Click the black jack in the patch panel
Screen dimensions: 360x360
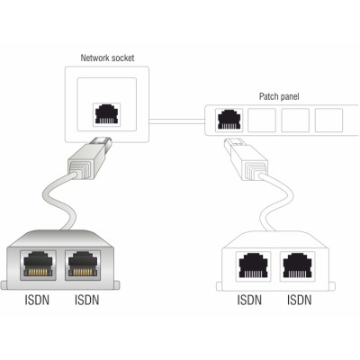pyautogui.click(x=229, y=119)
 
